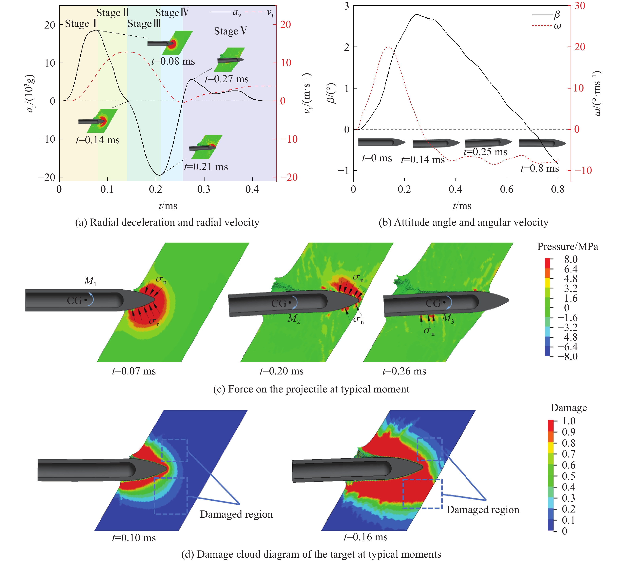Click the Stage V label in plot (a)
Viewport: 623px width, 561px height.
click(231, 31)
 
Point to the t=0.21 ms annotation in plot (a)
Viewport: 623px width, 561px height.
click(206, 167)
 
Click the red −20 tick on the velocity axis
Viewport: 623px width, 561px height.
click(289, 177)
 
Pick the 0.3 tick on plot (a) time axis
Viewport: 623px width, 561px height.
click(204, 189)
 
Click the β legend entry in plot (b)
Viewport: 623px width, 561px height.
click(546, 14)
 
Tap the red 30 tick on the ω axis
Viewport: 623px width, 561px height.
click(580, 6)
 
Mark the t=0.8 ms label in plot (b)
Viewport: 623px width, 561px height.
click(540, 168)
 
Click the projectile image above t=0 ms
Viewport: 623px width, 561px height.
click(382, 142)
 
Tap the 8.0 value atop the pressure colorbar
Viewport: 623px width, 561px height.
click(571, 259)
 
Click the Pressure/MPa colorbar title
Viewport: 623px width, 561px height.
click(568, 247)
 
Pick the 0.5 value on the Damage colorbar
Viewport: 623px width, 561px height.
click(569, 476)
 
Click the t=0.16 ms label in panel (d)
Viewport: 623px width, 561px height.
click(366, 537)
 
